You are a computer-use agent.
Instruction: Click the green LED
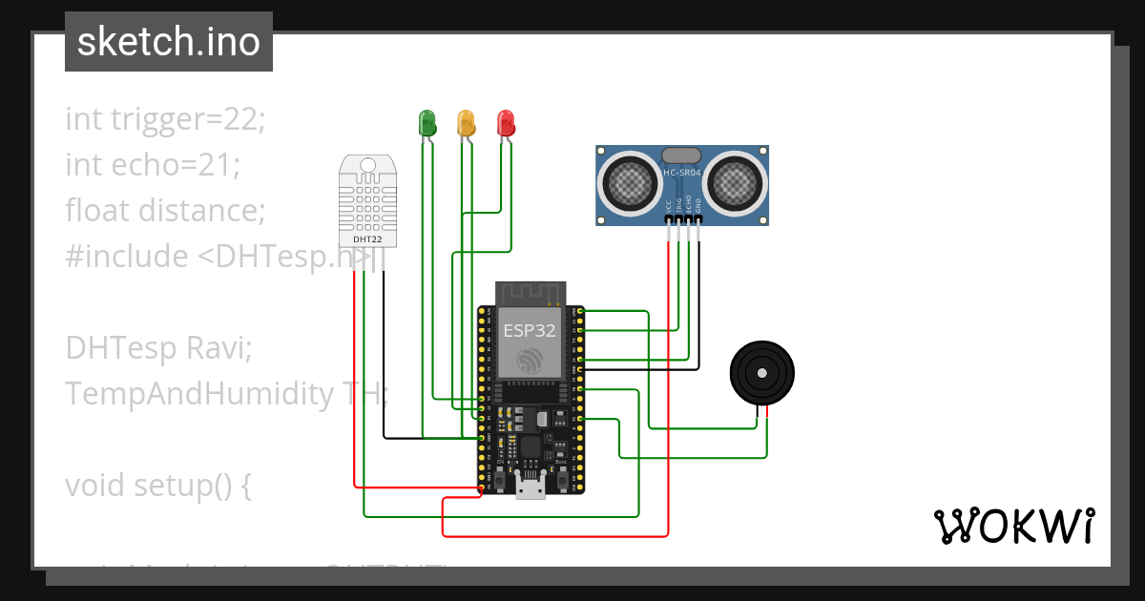click(427, 122)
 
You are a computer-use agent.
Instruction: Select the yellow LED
click(466, 122)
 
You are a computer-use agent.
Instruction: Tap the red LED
click(506, 122)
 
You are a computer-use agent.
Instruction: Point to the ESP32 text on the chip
click(530, 331)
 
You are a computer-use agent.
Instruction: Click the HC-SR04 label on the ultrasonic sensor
click(682, 173)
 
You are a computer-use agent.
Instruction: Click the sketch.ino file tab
click(169, 42)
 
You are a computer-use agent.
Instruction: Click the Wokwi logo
click(1013, 526)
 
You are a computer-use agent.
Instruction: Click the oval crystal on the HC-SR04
click(681, 155)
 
